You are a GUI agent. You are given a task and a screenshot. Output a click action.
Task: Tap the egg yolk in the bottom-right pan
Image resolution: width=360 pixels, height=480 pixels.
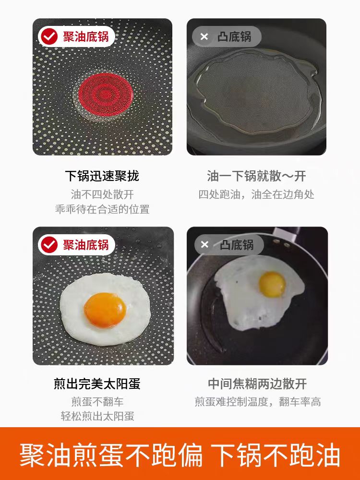(x=272, y=284)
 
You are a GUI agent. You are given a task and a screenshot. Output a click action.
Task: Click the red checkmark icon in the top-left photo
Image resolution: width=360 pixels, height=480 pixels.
(x=49, y=37)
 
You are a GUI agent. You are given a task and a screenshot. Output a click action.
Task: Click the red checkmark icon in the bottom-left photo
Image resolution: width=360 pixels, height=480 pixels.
(x=49, y=245)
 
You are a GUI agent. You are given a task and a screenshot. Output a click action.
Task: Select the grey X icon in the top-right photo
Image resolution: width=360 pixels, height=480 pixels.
(x=204, y=37)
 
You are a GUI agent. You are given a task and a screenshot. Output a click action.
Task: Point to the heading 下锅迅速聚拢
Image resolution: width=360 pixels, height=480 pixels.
(x=102, y=176)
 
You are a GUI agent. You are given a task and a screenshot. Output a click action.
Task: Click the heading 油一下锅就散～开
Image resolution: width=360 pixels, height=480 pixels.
(x=256, y=176)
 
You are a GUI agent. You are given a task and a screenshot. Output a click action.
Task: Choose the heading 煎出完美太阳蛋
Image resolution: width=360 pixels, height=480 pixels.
(x=102, y=384)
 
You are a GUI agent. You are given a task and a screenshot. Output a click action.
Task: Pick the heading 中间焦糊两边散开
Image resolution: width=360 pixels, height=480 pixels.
(x=257, y=384)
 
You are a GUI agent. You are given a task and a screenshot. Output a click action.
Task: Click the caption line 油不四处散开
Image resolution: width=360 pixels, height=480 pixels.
(x=102, y=194)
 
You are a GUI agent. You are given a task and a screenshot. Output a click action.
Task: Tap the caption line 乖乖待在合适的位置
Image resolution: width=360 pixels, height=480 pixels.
(x=102, y=209)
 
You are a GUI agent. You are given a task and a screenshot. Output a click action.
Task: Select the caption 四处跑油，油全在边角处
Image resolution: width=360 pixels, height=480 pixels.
(x=256, y=194)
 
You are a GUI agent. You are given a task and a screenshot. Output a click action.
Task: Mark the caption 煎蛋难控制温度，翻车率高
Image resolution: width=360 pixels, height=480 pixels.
(x=257, y=402)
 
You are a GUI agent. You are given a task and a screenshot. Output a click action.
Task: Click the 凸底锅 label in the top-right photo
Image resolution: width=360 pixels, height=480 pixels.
(x=234, y=37)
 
